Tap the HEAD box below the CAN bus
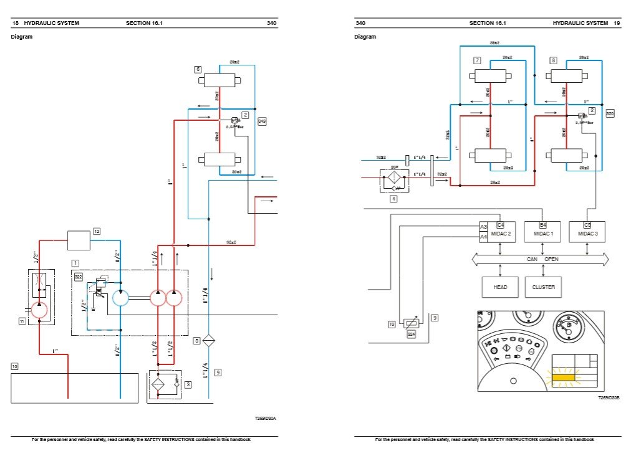[x=500, y=287]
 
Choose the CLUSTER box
[x=543, y=287]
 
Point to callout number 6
[x=198, y=69]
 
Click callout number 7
[x=477, y=60]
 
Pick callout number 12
[x=96, y=231]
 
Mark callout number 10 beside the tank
[x=15, y=366]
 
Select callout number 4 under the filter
[x=393, y=199]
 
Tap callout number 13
[x=392, y=324]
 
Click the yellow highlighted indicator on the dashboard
[x=564, y=376]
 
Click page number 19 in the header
[x=616, y=23]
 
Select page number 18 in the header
[x=16, y=23]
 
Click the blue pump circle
[x=120, y=298]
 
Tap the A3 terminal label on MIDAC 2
[x=483, y=227]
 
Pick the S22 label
[x=78, y=276]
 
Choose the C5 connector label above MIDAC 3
[x=587, y=224]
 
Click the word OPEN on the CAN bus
[x=551, y=259]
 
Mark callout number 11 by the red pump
[x=22, y=321]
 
